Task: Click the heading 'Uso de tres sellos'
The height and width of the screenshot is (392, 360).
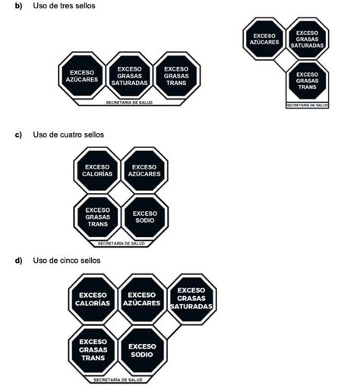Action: [64, 5]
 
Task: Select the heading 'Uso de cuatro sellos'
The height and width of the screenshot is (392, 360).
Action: [68, 134]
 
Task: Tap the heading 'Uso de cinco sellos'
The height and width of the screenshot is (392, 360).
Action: [67, 261]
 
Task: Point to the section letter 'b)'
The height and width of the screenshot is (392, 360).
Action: [18, 6]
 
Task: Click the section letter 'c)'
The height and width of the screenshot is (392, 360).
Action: [18, 134]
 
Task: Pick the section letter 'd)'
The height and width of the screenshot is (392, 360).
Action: [18, 261]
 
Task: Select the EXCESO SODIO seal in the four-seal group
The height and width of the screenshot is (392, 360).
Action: [145, 217]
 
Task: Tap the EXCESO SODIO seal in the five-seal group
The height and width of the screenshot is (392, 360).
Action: [142, 350]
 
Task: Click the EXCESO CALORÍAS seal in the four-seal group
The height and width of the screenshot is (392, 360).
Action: [97, 170]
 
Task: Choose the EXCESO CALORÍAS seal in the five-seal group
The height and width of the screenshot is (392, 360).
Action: [93, 299]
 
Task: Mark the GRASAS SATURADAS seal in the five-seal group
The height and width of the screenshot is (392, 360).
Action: [191, 299]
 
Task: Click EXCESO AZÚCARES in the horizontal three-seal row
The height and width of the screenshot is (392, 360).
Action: [82, 76]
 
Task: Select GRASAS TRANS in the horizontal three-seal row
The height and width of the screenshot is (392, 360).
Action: [176, 76]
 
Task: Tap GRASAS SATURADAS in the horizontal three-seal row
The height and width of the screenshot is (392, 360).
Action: [129, 76]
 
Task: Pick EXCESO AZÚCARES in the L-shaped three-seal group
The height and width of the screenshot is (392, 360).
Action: [264, 39]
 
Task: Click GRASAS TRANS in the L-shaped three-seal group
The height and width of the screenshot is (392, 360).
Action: [307, 81]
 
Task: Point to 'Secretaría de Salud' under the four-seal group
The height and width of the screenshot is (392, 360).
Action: [122, 244]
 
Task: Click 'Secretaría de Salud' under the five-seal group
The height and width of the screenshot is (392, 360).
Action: [118, 380]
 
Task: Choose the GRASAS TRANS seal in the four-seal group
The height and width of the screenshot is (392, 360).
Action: [97, 217]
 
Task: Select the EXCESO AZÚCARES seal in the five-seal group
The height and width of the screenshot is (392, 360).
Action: [142, 299]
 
